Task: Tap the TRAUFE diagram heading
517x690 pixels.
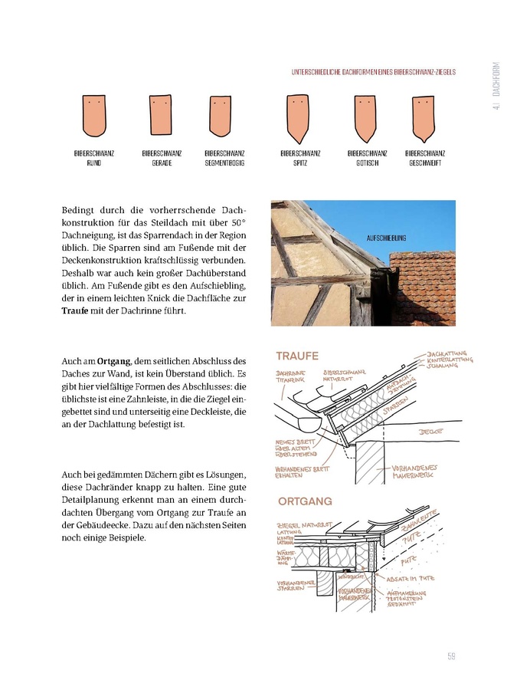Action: pos(297,356)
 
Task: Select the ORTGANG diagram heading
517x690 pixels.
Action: pos(305,501)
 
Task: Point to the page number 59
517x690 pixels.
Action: pos(452,655)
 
